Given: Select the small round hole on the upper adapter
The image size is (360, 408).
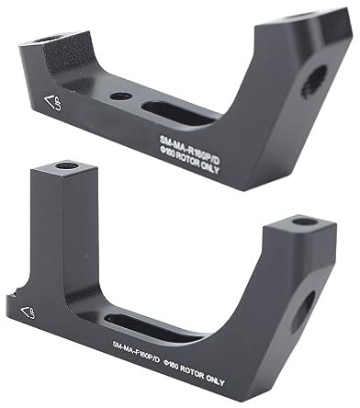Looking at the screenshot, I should coord(118,95).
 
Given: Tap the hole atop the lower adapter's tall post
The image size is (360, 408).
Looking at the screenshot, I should coord(66,167).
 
